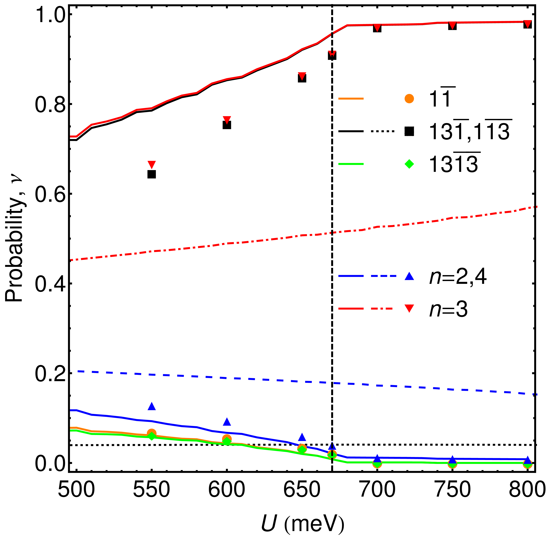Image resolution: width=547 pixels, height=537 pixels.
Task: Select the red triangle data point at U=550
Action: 152,164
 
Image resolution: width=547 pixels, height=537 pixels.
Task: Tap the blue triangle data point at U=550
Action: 152,406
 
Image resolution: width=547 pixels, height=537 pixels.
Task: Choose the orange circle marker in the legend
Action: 409,99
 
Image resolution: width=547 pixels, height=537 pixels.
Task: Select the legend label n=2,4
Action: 458,277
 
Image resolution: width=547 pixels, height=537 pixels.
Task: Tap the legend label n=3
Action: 448,309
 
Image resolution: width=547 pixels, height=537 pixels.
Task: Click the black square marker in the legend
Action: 409,131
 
